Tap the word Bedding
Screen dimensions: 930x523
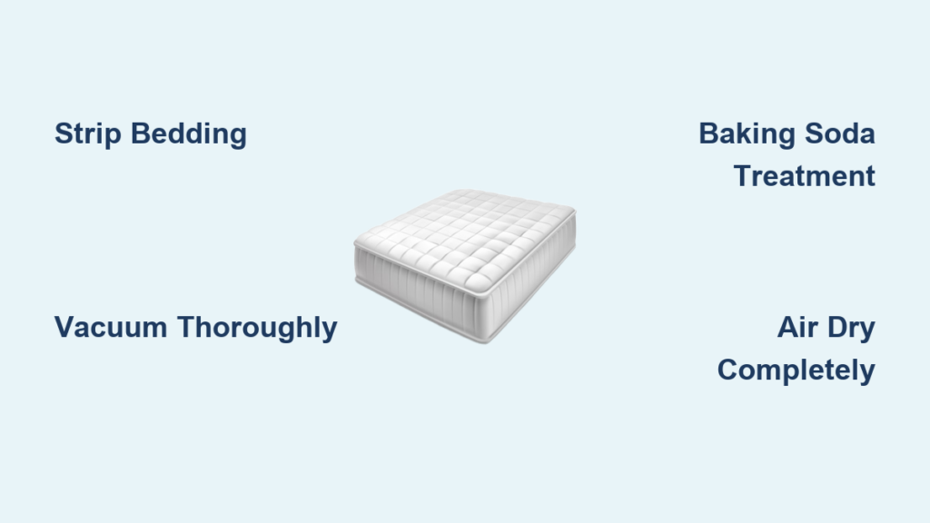[x=189, y=133]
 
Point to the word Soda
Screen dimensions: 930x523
[x=840, y=133]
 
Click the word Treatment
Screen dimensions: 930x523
[x=805, y=176]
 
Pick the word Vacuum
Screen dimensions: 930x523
[x=111, y=327]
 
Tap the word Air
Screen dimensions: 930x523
[x=797, y=327]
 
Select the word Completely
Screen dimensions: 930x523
[x=796, y=371]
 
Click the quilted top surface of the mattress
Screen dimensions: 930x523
[x=466, y=237]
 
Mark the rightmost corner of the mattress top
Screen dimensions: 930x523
[x=574, y=211]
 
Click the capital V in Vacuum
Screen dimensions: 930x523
[x=64, y=327]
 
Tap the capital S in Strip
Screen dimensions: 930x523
[x=64, y=133]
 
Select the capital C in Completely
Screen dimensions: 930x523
[x=728, y=370]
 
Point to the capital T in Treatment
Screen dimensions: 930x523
[x=744, y=176]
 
